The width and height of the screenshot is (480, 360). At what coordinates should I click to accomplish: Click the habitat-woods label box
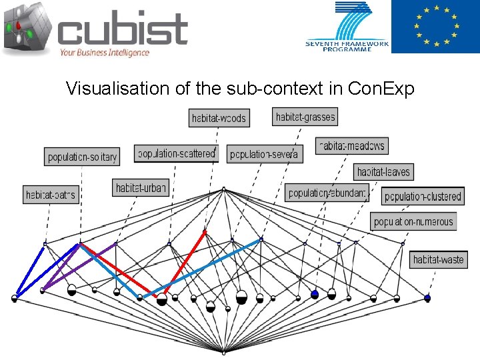[x=219, y=118]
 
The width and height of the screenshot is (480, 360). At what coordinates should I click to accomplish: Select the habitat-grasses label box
[x=305, y=117]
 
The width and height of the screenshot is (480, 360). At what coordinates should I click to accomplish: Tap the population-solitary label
[x=82, y=157]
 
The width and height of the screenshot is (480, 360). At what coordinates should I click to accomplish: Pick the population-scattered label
[x=176, y=153]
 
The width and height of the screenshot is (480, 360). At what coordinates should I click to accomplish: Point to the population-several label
[x=264, y=154]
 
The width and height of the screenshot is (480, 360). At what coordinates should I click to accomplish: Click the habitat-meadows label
[x=351, y=146]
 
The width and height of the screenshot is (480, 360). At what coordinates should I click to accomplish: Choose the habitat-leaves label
[x=383, y=171]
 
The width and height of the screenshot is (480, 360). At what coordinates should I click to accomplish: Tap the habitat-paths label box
[x=51, y=195]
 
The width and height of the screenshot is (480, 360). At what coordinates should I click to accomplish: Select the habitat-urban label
[x=140, y=188]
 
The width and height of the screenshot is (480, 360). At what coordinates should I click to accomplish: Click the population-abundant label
[x=327, y=193]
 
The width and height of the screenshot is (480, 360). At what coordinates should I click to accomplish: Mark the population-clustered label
[x=423, y=196]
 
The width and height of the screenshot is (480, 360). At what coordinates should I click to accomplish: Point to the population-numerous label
[x=413, y=222]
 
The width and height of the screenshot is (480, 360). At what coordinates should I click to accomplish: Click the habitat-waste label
[x=438, y=259]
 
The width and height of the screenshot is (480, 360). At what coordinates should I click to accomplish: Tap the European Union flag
[x=435, y=27]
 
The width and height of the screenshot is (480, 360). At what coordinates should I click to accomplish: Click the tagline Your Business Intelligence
[x=104, y=52]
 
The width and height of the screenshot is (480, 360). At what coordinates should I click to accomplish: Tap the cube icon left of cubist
[x=27, y=28]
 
